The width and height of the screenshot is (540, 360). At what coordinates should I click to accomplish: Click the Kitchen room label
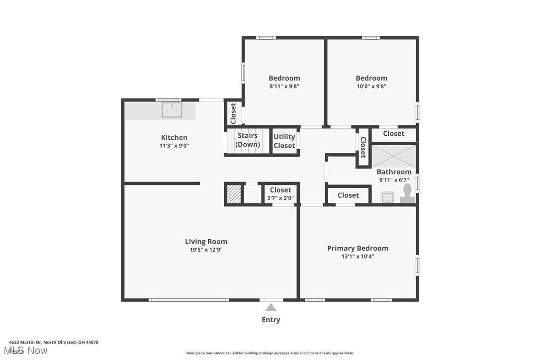174,138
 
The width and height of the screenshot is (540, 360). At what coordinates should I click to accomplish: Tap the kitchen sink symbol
172,110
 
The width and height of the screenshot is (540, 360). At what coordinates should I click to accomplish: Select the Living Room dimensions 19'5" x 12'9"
206,250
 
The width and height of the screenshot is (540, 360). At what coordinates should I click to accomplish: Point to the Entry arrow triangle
271,307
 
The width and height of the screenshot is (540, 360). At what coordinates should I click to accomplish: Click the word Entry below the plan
271,320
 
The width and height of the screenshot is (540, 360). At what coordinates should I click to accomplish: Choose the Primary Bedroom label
358,248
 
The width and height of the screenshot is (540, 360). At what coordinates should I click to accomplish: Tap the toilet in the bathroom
408,193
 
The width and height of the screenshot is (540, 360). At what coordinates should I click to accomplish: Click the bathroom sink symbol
388,197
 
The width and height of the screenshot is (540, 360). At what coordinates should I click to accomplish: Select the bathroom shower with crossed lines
394,156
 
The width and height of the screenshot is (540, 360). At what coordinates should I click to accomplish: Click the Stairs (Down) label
248,140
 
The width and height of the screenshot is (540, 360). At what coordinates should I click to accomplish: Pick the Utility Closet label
284,141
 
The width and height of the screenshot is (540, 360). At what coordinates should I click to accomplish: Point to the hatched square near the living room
234,193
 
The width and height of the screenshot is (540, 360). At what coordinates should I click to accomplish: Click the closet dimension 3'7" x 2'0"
280,198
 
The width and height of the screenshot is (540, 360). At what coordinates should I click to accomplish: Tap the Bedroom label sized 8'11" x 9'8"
284,78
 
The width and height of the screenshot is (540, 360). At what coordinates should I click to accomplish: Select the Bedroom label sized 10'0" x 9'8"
371,78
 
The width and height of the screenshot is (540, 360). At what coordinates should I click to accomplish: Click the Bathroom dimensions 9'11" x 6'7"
394,180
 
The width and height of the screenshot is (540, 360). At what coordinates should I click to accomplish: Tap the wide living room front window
188,300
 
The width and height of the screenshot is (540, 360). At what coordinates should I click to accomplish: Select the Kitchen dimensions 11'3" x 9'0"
174,146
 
